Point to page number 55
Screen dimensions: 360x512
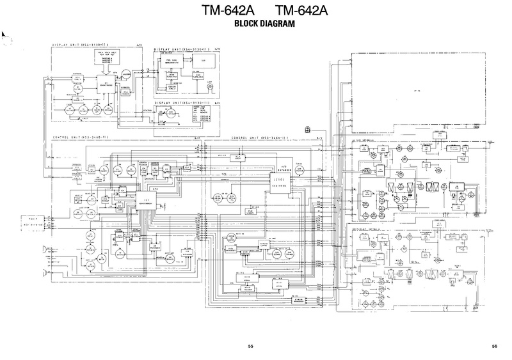tap(251, 347)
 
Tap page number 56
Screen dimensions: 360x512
tap(495, 347)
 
